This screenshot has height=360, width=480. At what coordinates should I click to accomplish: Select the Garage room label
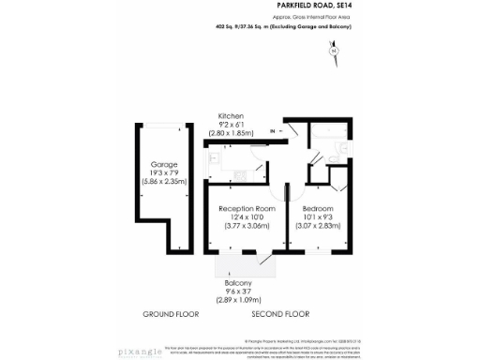[164, 164]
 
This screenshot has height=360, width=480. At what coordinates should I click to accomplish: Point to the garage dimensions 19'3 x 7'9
[164, 172]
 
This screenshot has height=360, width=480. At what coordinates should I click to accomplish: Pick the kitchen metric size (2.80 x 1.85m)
[231, 134]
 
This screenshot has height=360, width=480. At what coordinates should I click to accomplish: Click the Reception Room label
[247, 207]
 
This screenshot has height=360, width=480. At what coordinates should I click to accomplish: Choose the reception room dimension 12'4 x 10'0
[247, 217]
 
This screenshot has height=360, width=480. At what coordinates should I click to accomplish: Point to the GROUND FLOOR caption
[169, 312]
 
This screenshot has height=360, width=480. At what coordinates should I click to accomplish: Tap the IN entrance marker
[273, 132]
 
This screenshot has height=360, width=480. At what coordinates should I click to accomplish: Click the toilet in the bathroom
[341, 147]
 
